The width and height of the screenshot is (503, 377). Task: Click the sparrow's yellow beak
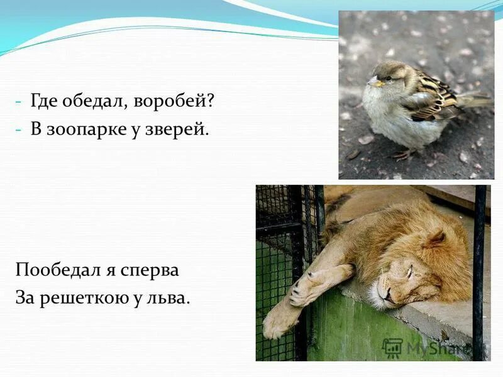tap(375, 82)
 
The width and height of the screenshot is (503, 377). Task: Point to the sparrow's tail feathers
tap(475, 101)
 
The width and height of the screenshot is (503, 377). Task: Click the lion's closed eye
tap(409, 271)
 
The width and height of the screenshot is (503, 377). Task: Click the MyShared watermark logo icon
tap(392, 347)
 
